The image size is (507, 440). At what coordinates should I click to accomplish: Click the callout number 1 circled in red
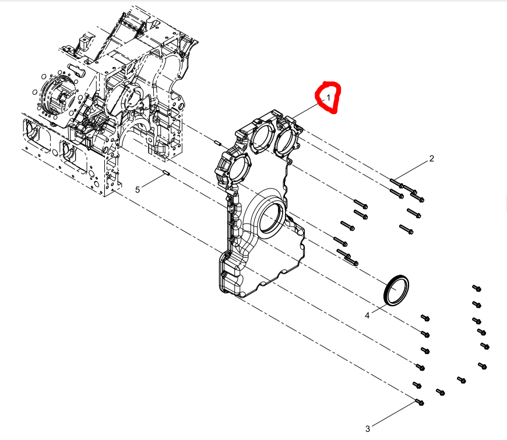[x=328, y=98]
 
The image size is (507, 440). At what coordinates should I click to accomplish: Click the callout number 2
[x=431, y=158]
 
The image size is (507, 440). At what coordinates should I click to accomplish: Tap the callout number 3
[x=367, y=429]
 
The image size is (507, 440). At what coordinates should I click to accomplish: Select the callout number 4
[x=367, y=315]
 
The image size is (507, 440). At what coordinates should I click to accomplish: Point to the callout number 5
[x=138, y=190]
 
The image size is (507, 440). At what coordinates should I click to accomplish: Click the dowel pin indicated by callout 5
[x=166, y=173]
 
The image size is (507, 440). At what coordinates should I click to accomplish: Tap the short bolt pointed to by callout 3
[x=420, y=402]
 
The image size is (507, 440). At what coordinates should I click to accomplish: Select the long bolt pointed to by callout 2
[x=397, y=183]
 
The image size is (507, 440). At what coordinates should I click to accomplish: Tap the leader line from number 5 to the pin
[x=153, y=180]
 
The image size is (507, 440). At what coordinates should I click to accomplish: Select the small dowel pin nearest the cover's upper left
[x=217, y=141]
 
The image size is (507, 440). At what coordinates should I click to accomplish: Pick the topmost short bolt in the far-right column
[x=477, y=288]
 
